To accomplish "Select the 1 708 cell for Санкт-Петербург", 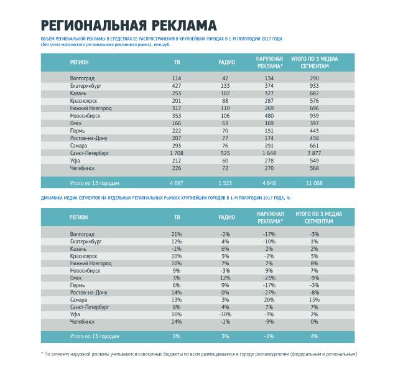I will point(177,152).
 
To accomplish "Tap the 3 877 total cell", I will point(314,152).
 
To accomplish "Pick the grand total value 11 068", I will point(314,183).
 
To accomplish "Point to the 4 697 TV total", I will point(177,183).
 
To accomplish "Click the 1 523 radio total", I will point(225,183).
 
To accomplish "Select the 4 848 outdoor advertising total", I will point(269,183).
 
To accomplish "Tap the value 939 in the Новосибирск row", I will point(314,115).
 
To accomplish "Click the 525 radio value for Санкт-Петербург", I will point(225,152).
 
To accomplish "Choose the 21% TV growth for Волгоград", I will point(177,233).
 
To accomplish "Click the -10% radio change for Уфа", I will point(225,314).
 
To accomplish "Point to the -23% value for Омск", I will point(269,277).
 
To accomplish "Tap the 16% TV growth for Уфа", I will point(177,314).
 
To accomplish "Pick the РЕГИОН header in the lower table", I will point(79,217).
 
